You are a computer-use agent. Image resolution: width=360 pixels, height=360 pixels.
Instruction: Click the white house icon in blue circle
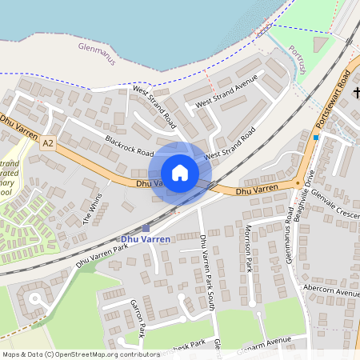[x=180, y=173]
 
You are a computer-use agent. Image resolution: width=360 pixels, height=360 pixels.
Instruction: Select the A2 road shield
[x=49, y=143]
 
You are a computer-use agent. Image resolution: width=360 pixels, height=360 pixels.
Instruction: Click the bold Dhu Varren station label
[x=144, y=239]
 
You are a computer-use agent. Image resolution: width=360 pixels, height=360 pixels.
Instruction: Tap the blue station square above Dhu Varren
[x=145, y=229]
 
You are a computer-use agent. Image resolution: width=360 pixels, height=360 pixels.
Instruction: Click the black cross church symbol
[x=354, y=94]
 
